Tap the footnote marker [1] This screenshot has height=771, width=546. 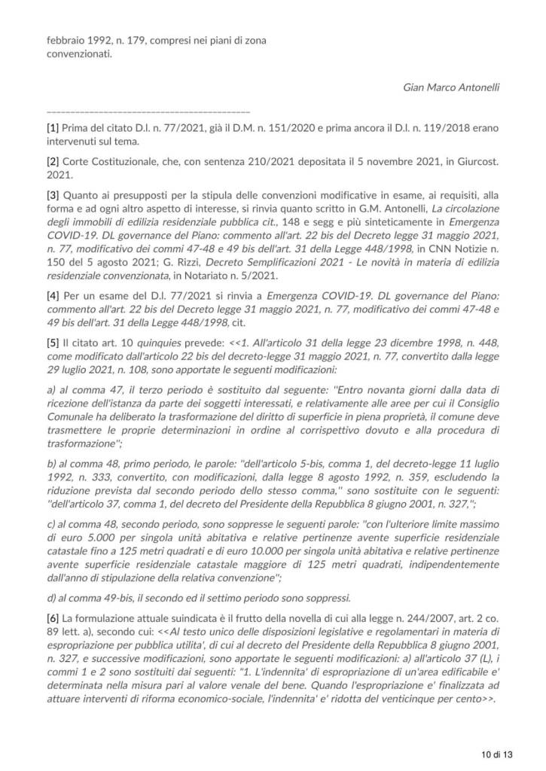click(x=53, y=128)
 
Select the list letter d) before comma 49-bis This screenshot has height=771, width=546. click(x=52, y=599)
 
